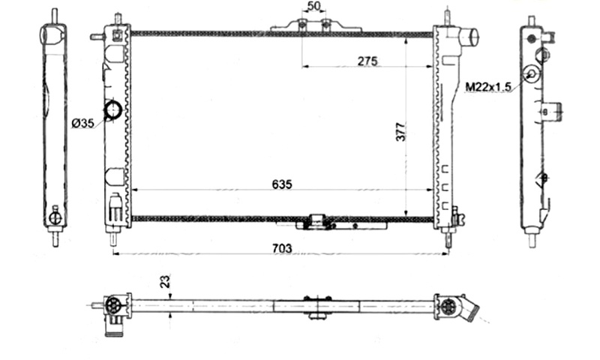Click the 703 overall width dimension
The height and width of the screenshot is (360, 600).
(283, 249)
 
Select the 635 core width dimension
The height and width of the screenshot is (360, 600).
(282, 184)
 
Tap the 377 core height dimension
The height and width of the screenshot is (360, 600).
(400, 132)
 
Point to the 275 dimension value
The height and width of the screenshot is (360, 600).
(367, 61)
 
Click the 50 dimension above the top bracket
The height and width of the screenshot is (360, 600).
(313, 7)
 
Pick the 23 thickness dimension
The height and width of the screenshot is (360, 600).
(165, 282)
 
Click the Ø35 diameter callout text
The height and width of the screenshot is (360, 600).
(82, 123)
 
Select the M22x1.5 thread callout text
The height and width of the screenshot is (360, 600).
(488, 87)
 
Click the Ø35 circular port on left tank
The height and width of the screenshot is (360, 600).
(113, 110)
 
